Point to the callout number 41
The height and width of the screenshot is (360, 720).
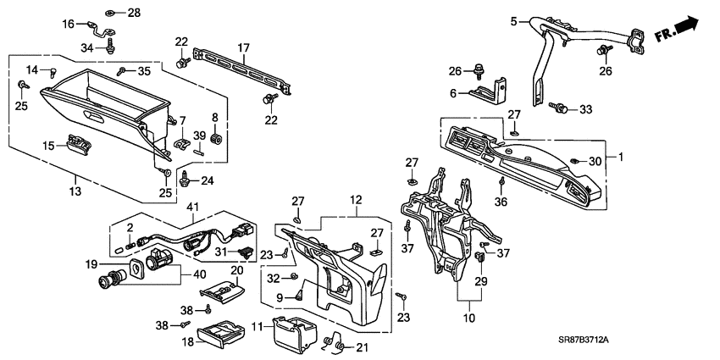point(193,207)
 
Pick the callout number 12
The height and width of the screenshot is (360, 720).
point(355,199)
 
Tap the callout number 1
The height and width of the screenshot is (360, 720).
point(619,158)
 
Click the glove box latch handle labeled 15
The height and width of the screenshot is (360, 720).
point(80,145)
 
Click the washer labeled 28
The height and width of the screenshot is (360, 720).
point(111,13)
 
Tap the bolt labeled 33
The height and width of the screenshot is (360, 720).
point(560,108)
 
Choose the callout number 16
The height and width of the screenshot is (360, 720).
point(69,25)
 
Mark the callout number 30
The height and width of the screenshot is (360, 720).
point(596,161)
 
